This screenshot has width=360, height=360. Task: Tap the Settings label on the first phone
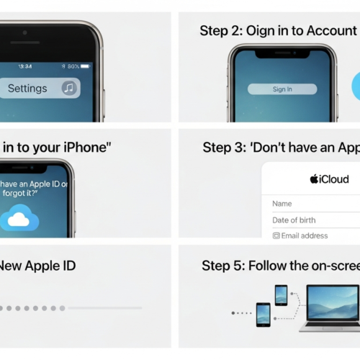[x=27, y=89]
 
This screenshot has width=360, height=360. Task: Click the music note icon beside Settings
[x=70, y=89]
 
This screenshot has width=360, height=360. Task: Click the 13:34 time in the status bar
[x=24, y=66]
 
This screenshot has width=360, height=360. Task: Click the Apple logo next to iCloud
[x=314, y=179]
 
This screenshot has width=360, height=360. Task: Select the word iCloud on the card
[x=334, y=179]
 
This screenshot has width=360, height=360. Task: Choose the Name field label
[x=282, y=204]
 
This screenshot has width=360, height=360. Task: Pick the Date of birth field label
[x=294, y=220]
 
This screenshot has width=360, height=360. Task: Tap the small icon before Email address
[x=276, y=235]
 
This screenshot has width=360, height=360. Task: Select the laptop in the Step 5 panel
[x=332, y=307]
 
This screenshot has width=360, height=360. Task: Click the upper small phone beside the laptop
[x=281, y=294]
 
